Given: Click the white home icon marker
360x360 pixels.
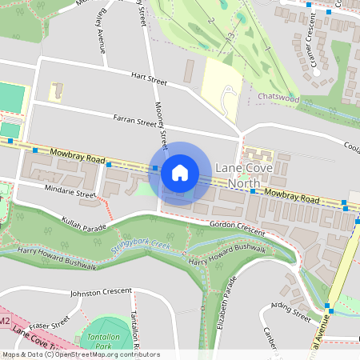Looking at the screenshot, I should (x=180, y=173).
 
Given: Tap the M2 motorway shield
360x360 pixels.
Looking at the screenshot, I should (x=4, y=322).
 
